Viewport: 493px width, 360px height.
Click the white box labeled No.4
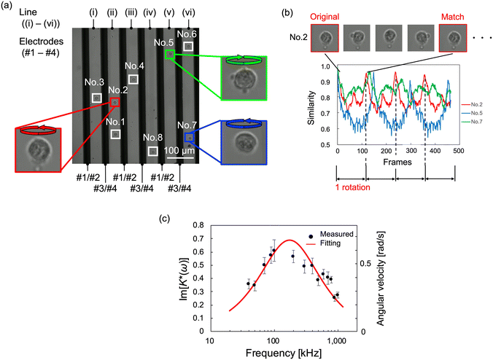(x=133, y=79)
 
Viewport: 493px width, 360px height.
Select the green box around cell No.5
(x=169, y=55)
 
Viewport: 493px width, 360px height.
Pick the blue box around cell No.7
(x=190, y=137)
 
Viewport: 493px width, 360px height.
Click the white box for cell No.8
(x=153, y=151)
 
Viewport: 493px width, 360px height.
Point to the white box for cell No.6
(x=188, y=47)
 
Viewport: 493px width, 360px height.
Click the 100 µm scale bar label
(x=179, y=150)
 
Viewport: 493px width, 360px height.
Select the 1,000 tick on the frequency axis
(x=336, y=340)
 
